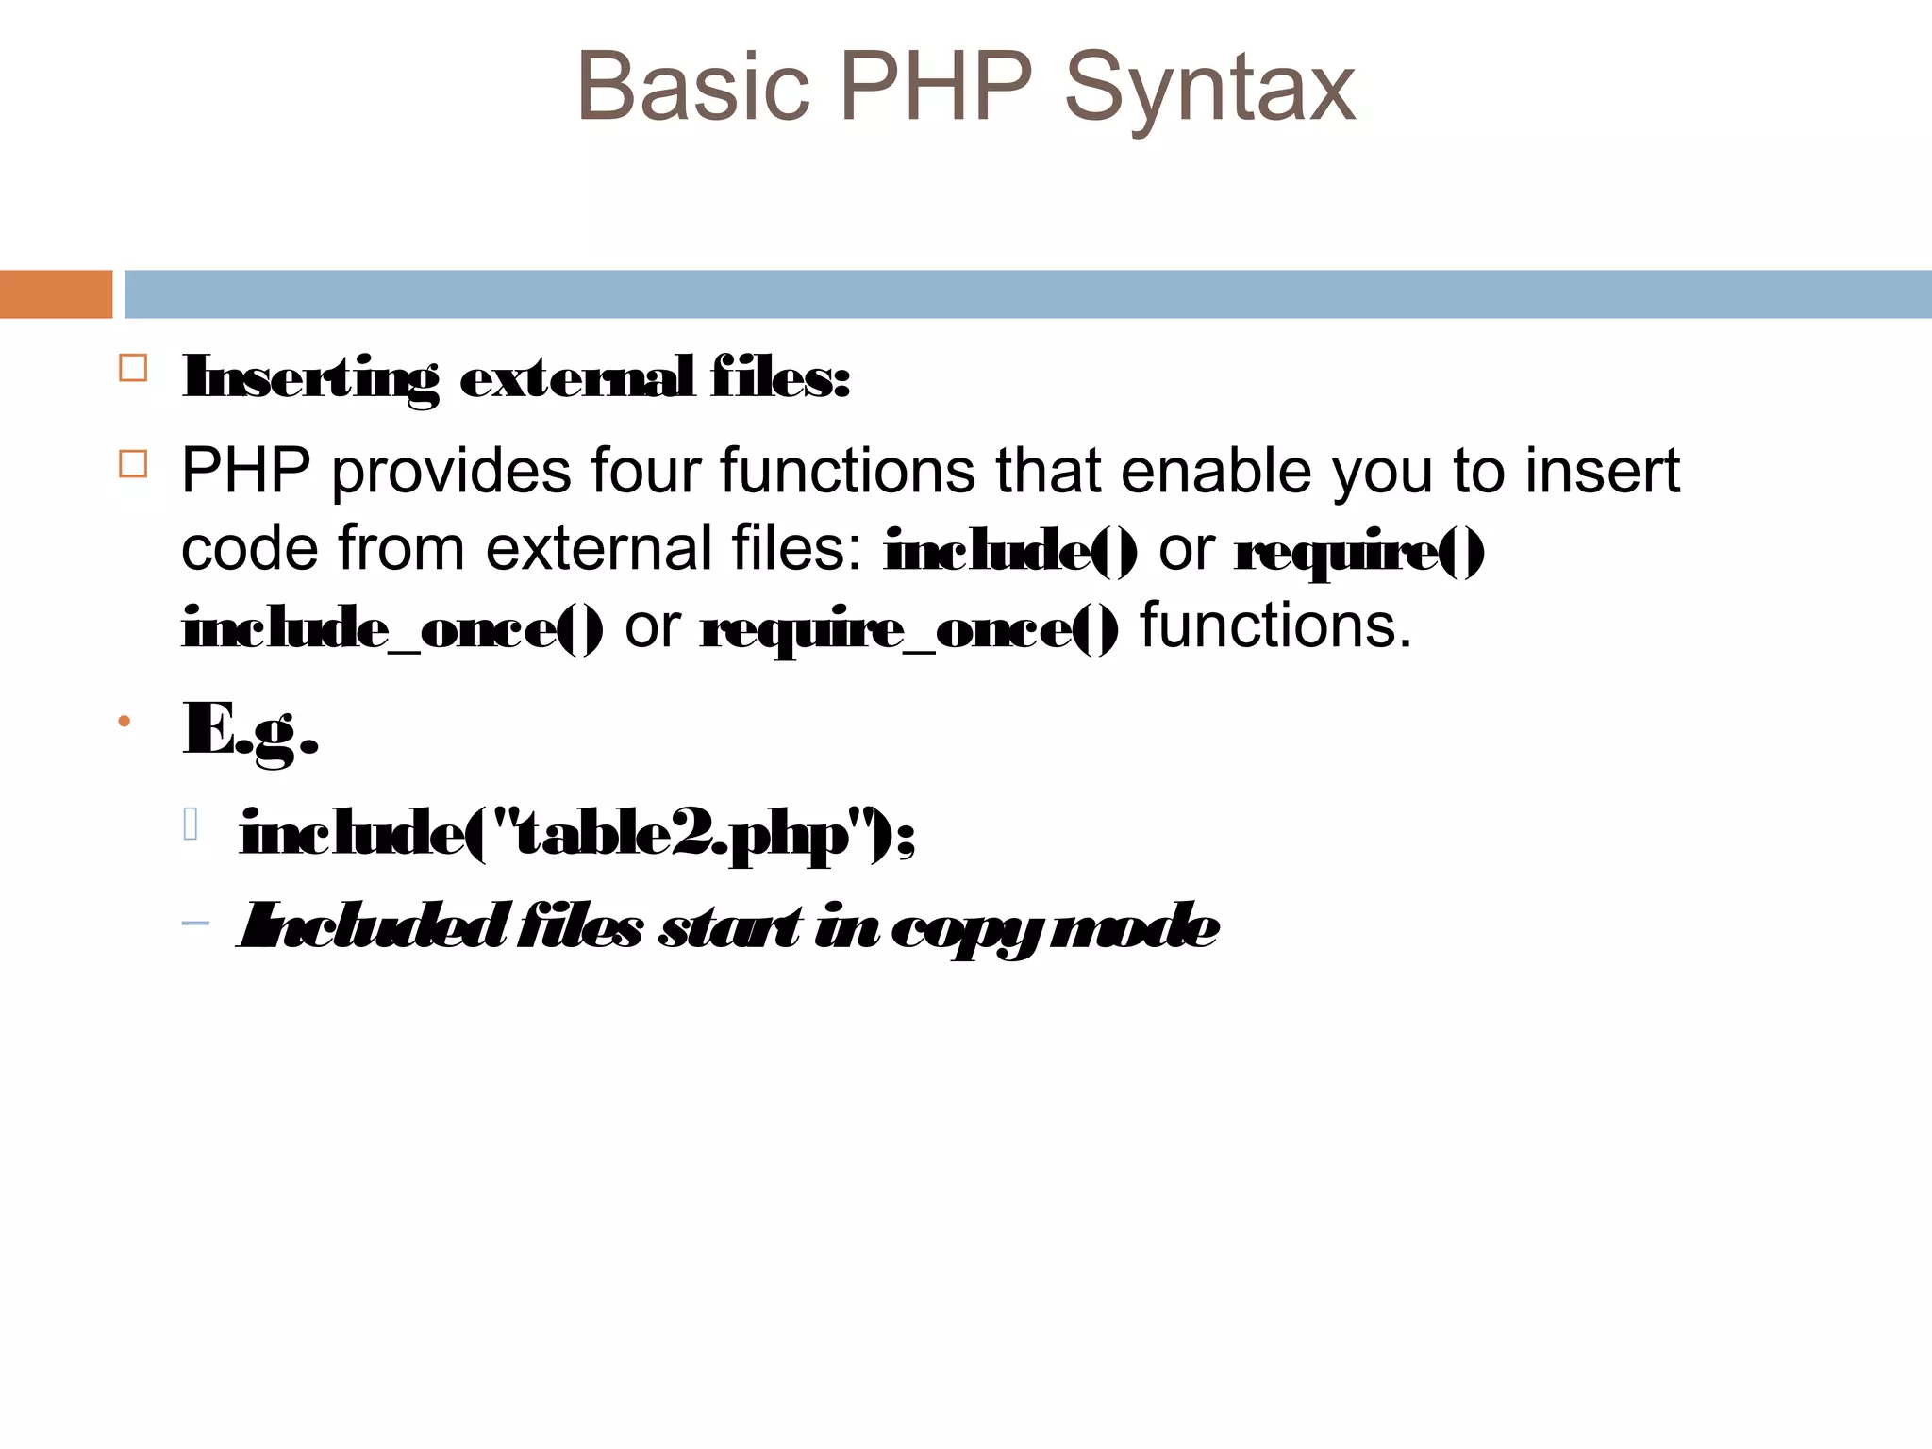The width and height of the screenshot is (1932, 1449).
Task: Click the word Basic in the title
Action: [x=693, y=87]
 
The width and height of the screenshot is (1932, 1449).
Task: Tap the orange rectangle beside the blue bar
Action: [x=56, y=294]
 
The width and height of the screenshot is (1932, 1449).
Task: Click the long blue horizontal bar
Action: [x=1027, y=294]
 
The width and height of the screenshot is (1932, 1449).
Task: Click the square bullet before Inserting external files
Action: [x=133, y=368]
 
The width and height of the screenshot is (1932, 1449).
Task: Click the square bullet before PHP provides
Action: [x=133, y=464]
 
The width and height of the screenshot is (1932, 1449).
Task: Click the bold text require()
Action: [x=1359, y=551]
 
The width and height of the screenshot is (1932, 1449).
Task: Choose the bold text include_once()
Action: [x=392, y=628]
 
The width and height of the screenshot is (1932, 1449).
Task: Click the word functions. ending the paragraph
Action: [x=1275, y=625]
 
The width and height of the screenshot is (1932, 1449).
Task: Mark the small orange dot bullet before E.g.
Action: [x=124, y=723]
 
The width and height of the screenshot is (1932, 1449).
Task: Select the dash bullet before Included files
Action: [x=195, y=923]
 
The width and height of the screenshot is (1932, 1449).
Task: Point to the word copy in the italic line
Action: [x=968, y=927]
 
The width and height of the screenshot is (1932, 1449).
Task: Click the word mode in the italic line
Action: [x=1135, y=926]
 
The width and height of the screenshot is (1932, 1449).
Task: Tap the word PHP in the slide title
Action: [x=936, y=87]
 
